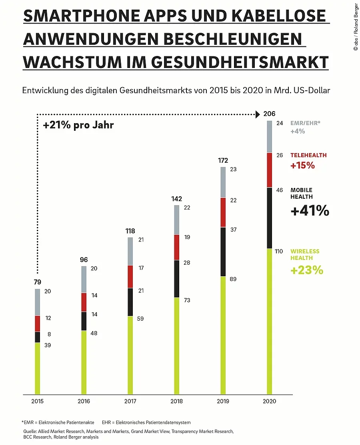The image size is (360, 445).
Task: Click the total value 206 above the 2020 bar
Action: [270, 114]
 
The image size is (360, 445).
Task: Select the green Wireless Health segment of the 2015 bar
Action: [38, 368]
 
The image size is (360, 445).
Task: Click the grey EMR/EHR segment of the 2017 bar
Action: [130, 251]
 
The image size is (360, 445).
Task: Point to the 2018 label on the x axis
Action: [177, 401]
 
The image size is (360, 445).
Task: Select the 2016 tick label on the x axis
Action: [84, 401]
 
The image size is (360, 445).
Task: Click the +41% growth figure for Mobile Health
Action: [310, 210]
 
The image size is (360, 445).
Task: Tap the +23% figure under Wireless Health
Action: [306, 270]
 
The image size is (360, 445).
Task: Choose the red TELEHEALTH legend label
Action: [308, 155]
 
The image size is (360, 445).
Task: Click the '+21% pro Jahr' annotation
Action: [78, 125]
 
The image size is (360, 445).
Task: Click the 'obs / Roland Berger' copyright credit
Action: [355, 26]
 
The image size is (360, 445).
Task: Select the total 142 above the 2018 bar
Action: [176, 199]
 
